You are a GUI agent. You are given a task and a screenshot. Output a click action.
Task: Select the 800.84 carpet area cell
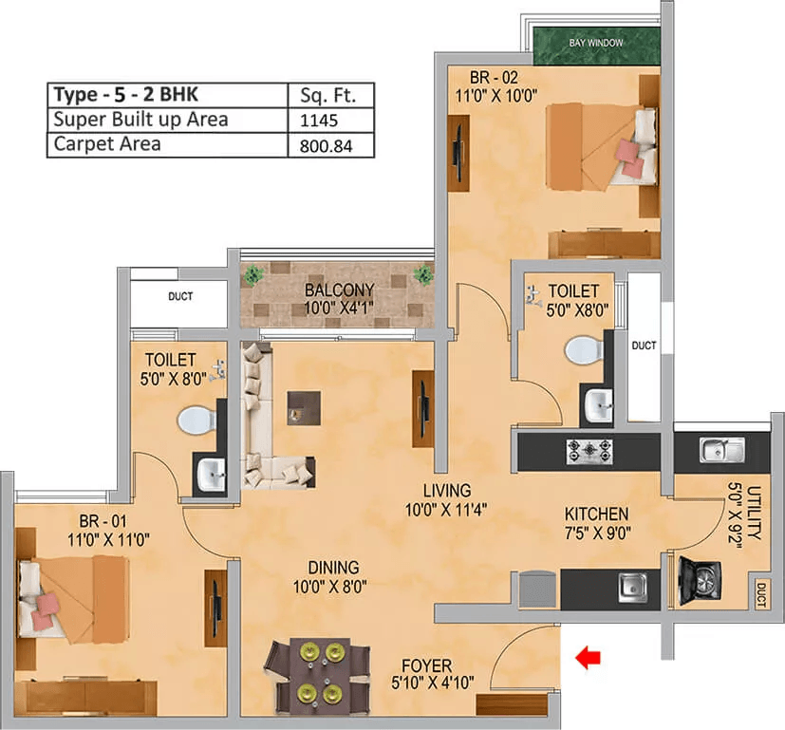[x=324, y=145]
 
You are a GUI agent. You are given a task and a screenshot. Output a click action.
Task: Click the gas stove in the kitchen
[x=588, y=451]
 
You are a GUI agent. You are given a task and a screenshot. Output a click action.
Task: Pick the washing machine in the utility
[x=700, y=580]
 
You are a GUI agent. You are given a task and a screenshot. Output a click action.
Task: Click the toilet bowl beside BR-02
[x=585, y=350]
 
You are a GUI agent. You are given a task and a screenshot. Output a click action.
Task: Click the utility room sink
[x=720, y=449]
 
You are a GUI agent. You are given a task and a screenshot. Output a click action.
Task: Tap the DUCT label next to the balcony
[x=180, y=297]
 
